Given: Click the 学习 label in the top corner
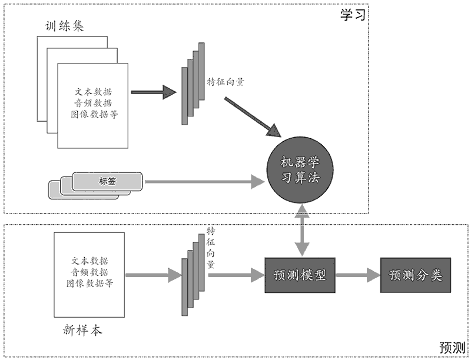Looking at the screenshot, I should (x=353, y=15).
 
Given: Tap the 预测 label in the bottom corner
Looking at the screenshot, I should (x=452, y=347).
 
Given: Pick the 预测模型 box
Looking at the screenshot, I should (x=300, y=275).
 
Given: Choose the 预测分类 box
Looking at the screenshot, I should (x=416, y=275).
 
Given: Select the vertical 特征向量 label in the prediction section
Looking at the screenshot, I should (x=210, y=246).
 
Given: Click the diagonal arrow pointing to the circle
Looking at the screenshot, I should (x=251, y=117).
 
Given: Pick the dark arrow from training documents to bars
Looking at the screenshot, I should (x=154, y=92).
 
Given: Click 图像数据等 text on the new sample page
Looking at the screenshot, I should (x=89, y=284).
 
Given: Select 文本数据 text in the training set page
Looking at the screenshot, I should (x=94, y=92).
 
